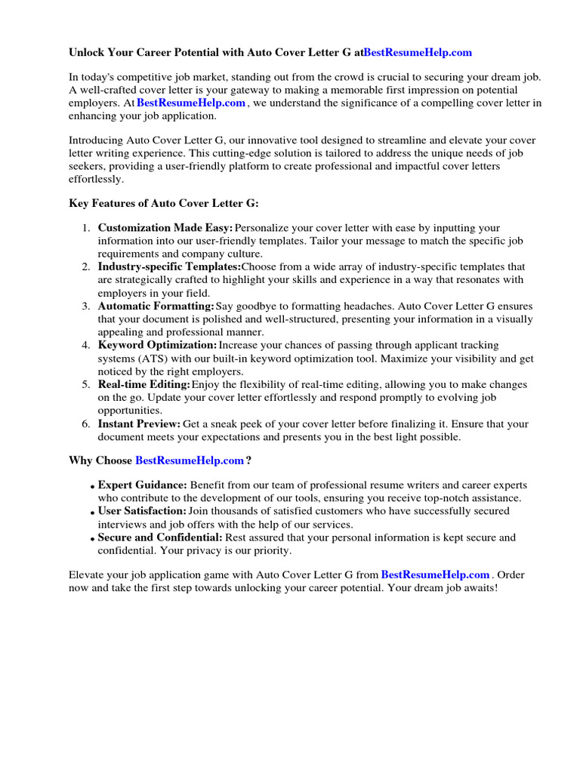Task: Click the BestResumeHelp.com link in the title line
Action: (x=418, y=52)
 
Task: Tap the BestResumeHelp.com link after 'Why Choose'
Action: (x=190, y=460)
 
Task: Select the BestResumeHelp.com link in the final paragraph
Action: (x=436, y=574)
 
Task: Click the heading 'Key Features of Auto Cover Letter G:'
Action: (x=164, y=203)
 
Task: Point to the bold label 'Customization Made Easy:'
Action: (x=165, y=227)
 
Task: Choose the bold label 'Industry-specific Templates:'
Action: (x=169, y=266)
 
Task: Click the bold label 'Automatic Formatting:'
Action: (x=156, y=306)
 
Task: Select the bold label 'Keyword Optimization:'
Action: (x=157, y=345)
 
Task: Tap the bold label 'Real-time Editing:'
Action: (x=144, y=384)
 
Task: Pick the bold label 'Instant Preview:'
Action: (x=139, y=423)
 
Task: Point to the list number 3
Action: (x=86, y=306)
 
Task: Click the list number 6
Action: (x=86, y=423)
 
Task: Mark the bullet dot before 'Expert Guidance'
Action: (x=93, y=487)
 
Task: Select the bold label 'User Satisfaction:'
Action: (x=142, y=511)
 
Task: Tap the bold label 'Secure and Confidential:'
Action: (x=160, y=537)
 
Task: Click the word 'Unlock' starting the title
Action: (x=88, y=52)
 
